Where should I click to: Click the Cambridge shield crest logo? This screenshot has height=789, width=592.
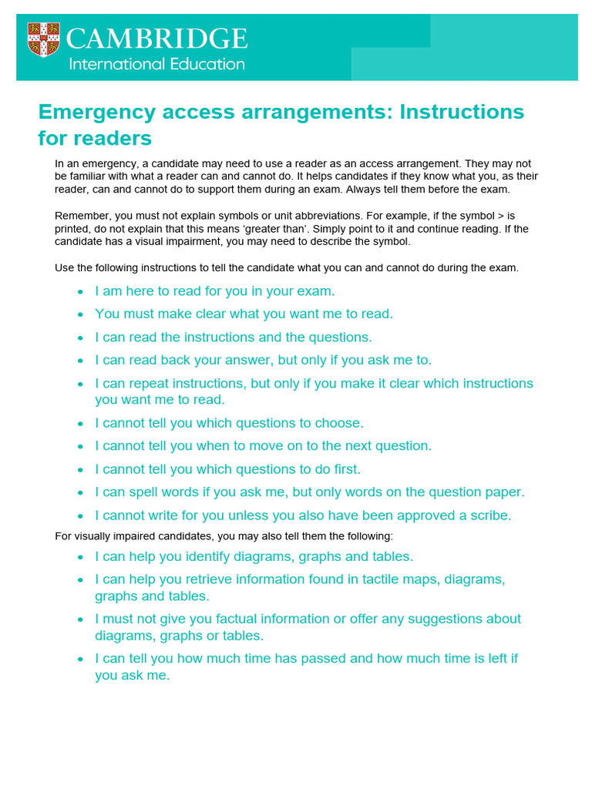click(x=43, y=39)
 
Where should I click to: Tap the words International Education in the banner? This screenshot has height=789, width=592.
click(x=156, y=64)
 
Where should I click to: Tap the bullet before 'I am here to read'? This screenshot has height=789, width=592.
click(x=81, y=292)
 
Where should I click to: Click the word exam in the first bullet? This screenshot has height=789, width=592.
click(x=318, y=291)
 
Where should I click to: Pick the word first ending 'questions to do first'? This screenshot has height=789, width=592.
click(x=345, y=469)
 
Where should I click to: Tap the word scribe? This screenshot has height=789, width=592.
click(x=489, y=515)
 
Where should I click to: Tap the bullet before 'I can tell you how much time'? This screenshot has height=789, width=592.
click(x=81, y=659)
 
